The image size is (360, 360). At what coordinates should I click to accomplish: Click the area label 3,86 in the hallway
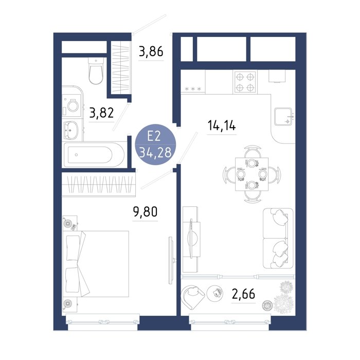coord(151,51)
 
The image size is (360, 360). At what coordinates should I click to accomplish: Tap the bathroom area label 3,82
coord(101,113)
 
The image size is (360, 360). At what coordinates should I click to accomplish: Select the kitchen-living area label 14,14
coord(222,125)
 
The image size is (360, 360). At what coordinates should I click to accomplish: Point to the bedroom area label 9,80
coord(145,212)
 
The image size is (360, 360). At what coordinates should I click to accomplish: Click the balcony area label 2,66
coord(243,294)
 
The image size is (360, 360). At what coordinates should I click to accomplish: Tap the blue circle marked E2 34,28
coord(155,145)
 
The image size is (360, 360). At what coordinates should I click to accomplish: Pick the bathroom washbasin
coord(71,130)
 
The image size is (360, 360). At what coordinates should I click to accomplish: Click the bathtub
coord(94,155)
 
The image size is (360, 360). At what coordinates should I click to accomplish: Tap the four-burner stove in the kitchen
coord(245,82)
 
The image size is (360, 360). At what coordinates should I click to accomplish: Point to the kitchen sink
coord(283,116)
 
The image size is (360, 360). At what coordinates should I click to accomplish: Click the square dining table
coord(251,174)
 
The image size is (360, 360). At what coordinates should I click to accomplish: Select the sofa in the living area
coord(278,238)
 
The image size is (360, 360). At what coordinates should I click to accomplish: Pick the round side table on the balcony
coord(215,293)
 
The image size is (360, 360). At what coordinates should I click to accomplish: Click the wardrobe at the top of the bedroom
coord(99,184)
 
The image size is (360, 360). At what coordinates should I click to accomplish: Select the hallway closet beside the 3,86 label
coord(121,67)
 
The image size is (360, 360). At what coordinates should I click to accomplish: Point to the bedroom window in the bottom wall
coord(103,322)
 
